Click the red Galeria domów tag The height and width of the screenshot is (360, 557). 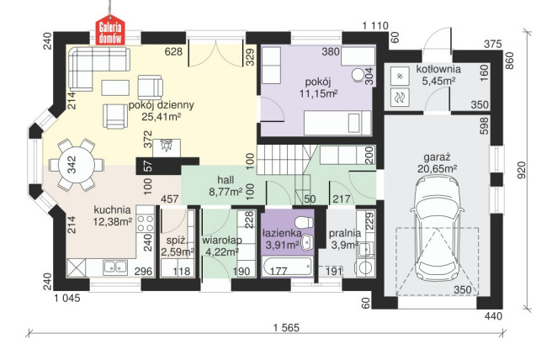tap(110, 30)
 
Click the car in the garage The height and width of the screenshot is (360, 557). tap(436, 228)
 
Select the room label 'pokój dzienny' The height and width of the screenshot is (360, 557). tap(162, 105)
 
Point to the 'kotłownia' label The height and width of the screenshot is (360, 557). tap(438, 69)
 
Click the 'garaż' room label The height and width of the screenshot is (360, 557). tap(438, 157)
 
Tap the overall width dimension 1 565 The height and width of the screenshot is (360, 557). tap(287, 327)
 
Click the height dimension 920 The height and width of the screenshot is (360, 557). tap(521, 171)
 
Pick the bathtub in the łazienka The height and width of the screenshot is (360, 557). tap(288, 267)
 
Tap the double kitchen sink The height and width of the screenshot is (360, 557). tap(115, 267)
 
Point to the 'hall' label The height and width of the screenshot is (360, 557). tap(225, 180)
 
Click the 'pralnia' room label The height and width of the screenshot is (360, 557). tap(345, 233)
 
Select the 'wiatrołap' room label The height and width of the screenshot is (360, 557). tap(222, 241)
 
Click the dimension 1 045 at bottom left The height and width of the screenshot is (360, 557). tap(67, 298)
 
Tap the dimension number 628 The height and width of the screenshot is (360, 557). tap(173, 52)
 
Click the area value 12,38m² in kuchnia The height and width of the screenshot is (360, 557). tap(113, 221)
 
